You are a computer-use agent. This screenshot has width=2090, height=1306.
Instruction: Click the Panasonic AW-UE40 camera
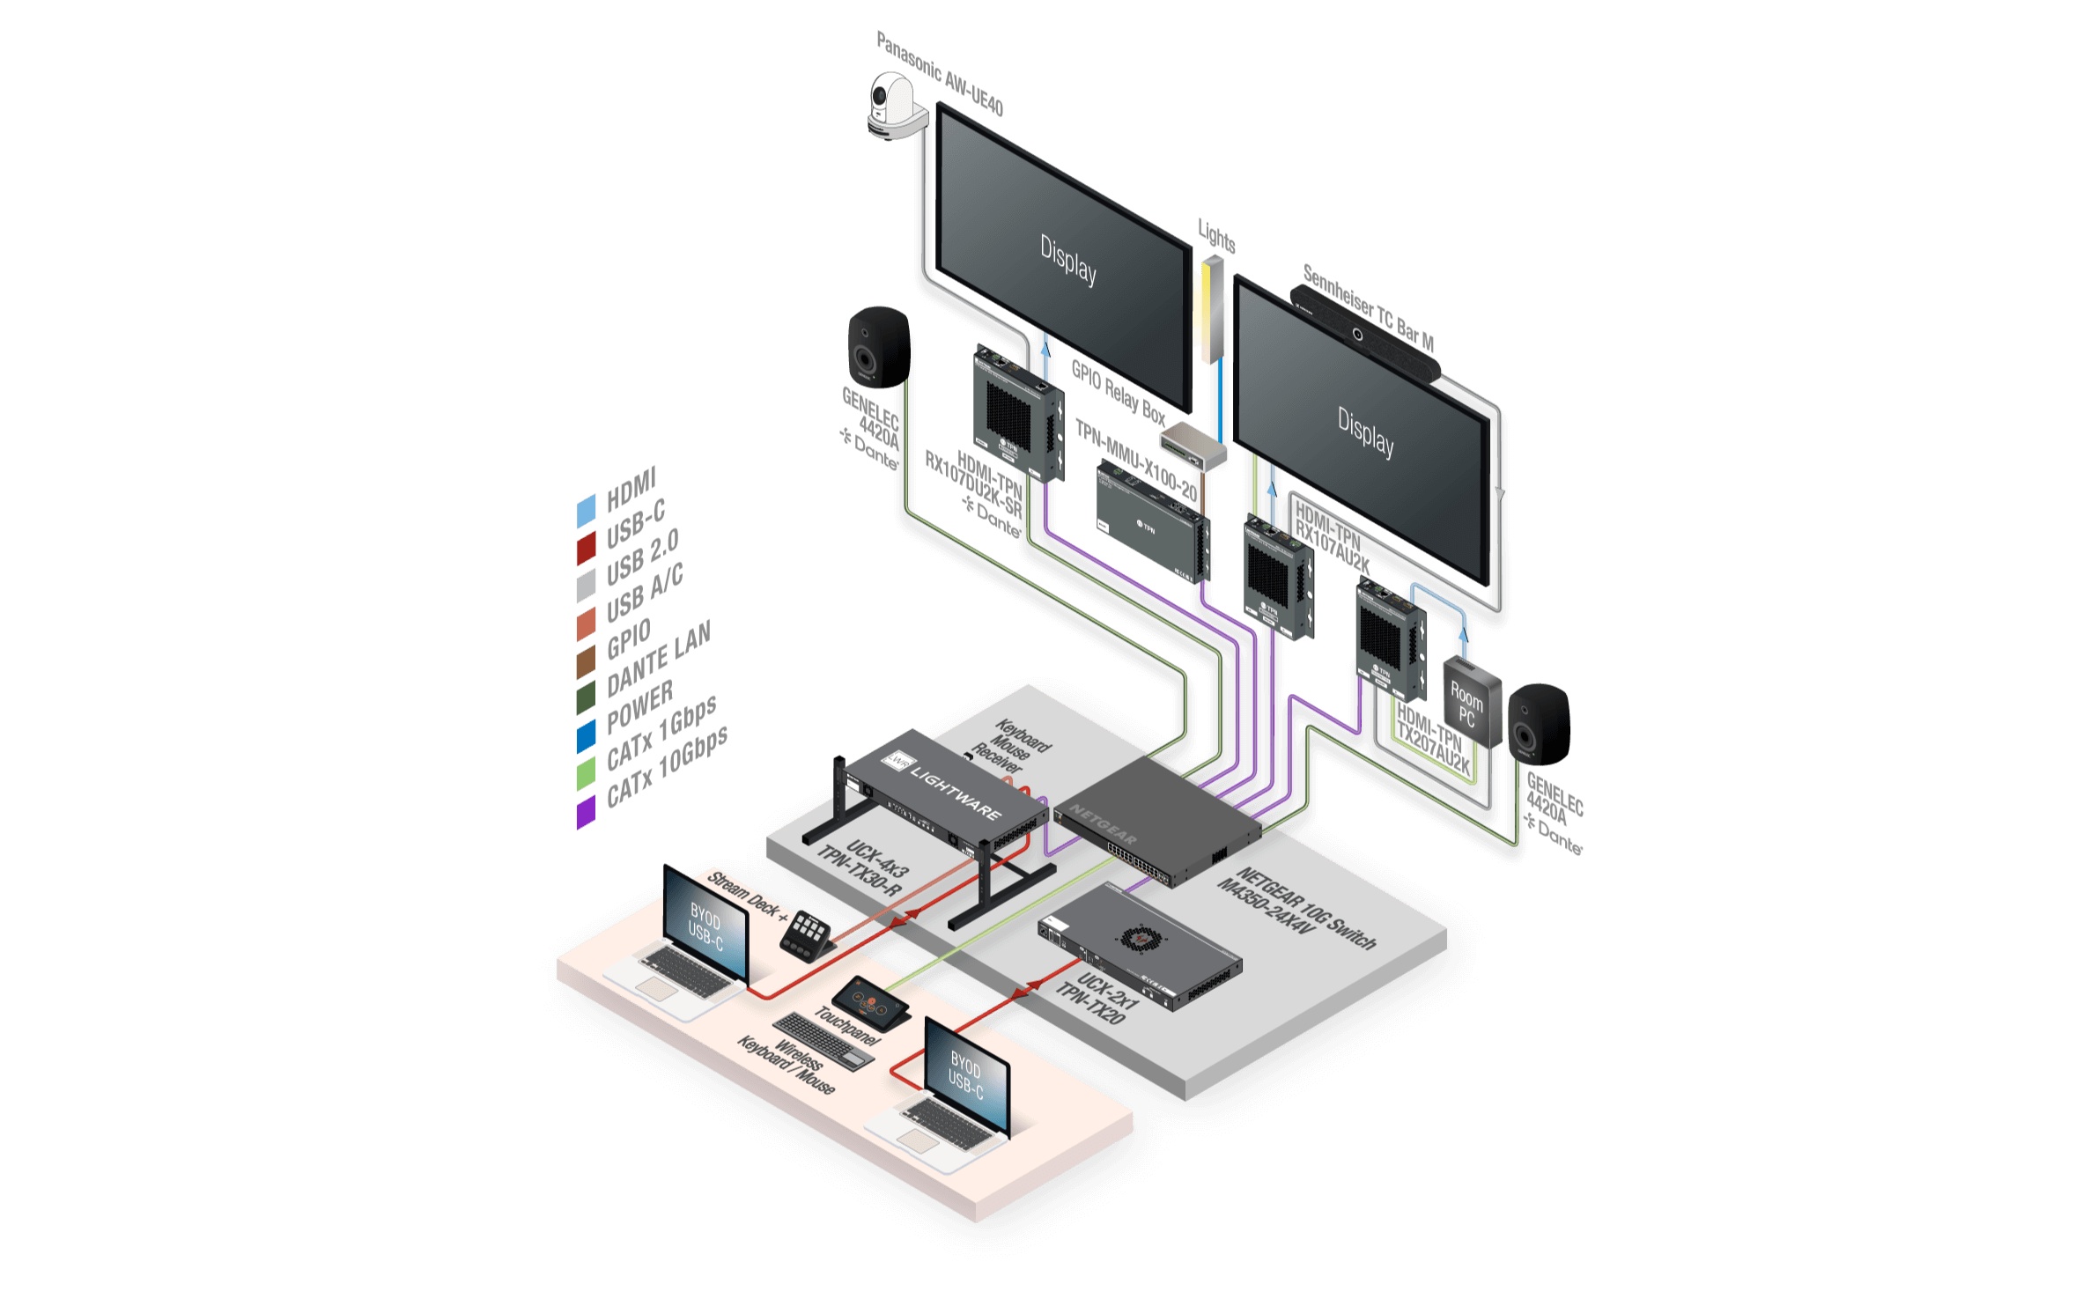896,107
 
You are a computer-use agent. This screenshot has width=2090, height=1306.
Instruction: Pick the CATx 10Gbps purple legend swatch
586,813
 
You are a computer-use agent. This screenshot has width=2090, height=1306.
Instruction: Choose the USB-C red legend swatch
586,547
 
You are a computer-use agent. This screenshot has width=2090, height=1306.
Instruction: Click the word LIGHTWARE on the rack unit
956,793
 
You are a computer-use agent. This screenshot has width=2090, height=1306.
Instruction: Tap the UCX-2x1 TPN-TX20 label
1096,999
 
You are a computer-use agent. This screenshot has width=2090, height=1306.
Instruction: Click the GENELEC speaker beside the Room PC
1538,722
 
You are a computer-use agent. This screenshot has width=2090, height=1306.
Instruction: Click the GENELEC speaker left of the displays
877,347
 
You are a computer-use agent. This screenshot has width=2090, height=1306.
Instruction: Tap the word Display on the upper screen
1068,260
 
